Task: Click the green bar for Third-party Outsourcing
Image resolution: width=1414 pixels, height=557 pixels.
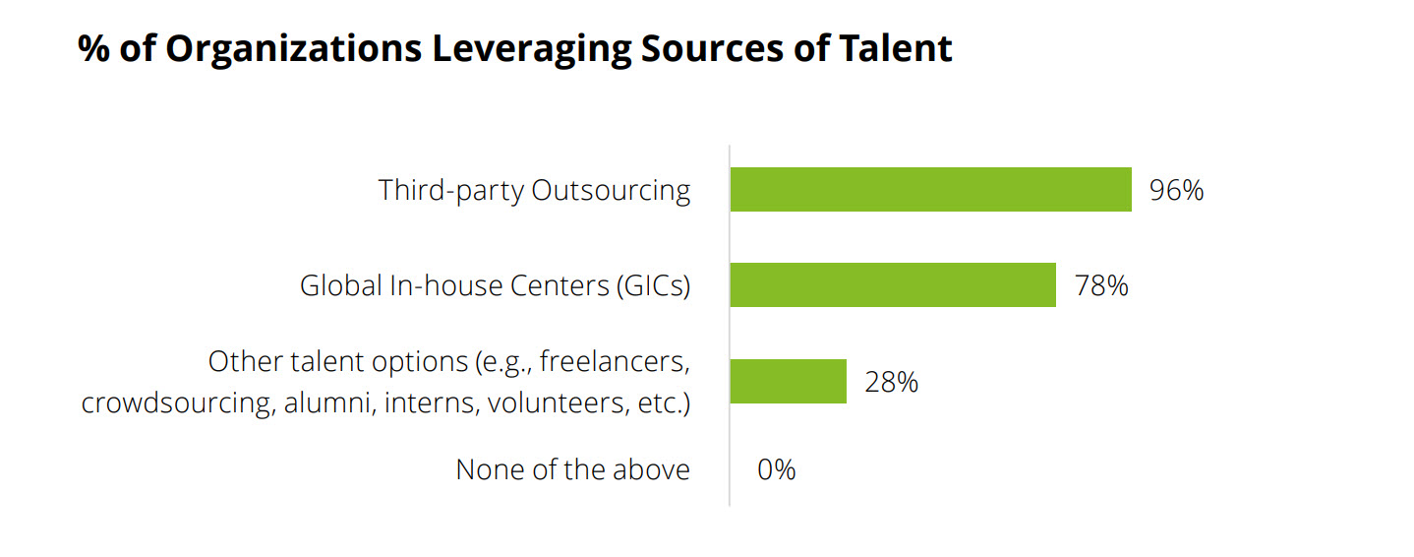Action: point(930,190)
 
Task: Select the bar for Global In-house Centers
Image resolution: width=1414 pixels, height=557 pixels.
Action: point(893,285)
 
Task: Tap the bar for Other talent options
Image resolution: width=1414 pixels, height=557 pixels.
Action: point(788,381)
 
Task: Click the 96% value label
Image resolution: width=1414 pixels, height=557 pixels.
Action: point(1176,190)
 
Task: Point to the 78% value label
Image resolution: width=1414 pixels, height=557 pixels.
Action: point(1100,286)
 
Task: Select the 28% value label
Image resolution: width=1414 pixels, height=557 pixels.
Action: point(891,382)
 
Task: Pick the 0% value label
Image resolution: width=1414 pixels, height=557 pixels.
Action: point(776,470)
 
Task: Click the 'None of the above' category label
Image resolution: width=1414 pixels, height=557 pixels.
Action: point(572,470)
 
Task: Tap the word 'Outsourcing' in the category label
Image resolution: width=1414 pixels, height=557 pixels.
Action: point(611,190)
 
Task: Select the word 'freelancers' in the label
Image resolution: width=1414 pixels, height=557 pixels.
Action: point(613,361)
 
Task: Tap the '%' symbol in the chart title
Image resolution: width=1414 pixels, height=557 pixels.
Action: point(93,48)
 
